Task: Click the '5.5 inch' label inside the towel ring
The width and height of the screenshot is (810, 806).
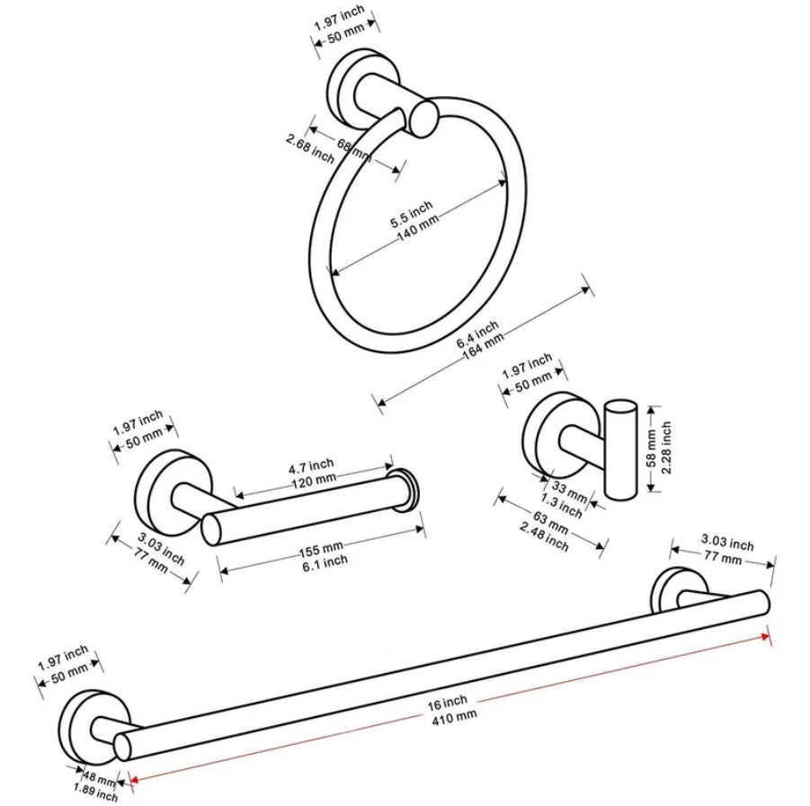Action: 411,216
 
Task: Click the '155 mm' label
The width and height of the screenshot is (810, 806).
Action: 321,548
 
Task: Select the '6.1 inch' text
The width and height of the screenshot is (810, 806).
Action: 324,562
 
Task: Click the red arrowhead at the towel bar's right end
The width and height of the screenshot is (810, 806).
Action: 766,635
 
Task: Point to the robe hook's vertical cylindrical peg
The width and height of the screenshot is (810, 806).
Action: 619,449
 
